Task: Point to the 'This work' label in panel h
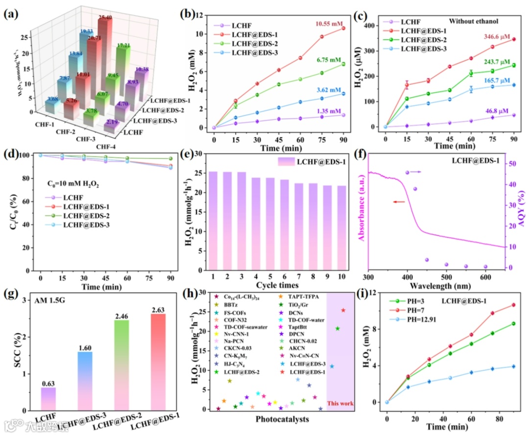pos(341,404)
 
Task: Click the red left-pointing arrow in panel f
pos(399,202)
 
